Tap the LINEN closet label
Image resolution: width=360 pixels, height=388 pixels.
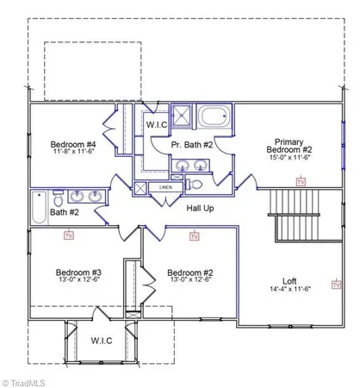(x=164, y=186)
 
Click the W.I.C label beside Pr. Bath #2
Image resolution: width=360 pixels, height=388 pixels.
(x=158, y=124)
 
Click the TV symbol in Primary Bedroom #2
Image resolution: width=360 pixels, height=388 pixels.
(x=301, y=181)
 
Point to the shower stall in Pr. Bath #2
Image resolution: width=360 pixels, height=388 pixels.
(x=183, y=116)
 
